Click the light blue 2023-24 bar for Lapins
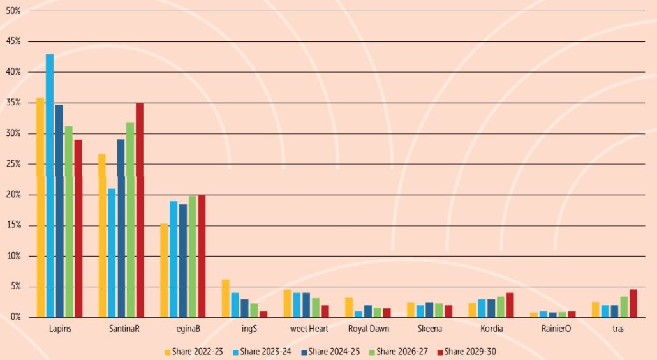[x=50, y=185]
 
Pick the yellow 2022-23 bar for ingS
[x=225, y=298]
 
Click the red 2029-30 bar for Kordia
[x=510, y=305]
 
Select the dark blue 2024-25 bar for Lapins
[x=59, y=211]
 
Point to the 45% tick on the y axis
[x=13, y=41]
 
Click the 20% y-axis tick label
[x=13, y=195]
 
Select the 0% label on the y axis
[x=15, y=317]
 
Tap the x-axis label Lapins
[x=60, y=329]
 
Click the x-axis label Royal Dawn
[x=369, y=329]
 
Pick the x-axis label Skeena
[x=430, y=329]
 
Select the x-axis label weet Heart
[x=309, y=329]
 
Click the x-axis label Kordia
[x=492, y=329]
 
